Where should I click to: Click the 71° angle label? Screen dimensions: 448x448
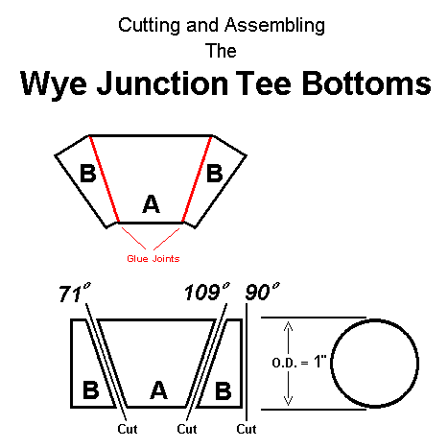[75, 293]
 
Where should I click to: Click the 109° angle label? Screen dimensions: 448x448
[207, 292]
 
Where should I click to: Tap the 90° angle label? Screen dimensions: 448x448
[262, 292]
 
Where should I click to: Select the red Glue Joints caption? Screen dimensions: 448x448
[153, 258]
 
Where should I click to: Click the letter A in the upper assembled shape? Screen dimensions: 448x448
[151, 203]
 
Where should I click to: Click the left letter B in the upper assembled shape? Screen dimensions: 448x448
[88, 173]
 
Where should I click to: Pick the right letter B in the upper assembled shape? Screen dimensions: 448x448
[215, 173]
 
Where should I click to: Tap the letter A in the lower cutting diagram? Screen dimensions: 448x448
[158, 390]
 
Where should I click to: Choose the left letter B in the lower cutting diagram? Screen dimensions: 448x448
[91, 390]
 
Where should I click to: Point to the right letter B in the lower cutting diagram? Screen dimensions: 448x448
[223, 390]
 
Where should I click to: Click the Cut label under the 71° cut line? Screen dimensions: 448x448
[128, 429]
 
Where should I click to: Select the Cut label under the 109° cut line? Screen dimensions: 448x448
[187, 429]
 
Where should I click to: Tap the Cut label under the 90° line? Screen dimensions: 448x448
[247, 429]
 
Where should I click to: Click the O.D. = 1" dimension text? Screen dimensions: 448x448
[299, 363]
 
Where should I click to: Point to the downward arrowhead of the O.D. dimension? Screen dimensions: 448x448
[288, 401]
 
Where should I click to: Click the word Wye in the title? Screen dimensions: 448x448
[54, 84]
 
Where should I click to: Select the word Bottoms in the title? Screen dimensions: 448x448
[366, 83]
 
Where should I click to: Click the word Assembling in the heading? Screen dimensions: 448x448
[274, 26]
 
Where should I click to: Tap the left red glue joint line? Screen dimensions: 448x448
[105, 178]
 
